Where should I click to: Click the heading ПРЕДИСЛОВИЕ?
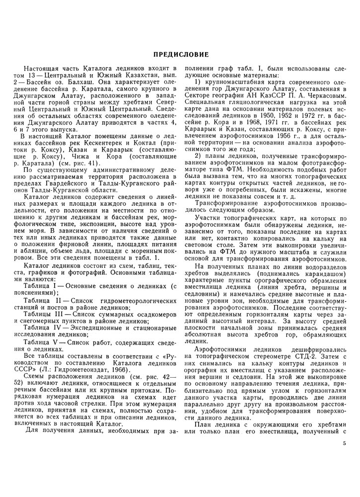pos(180,53)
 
